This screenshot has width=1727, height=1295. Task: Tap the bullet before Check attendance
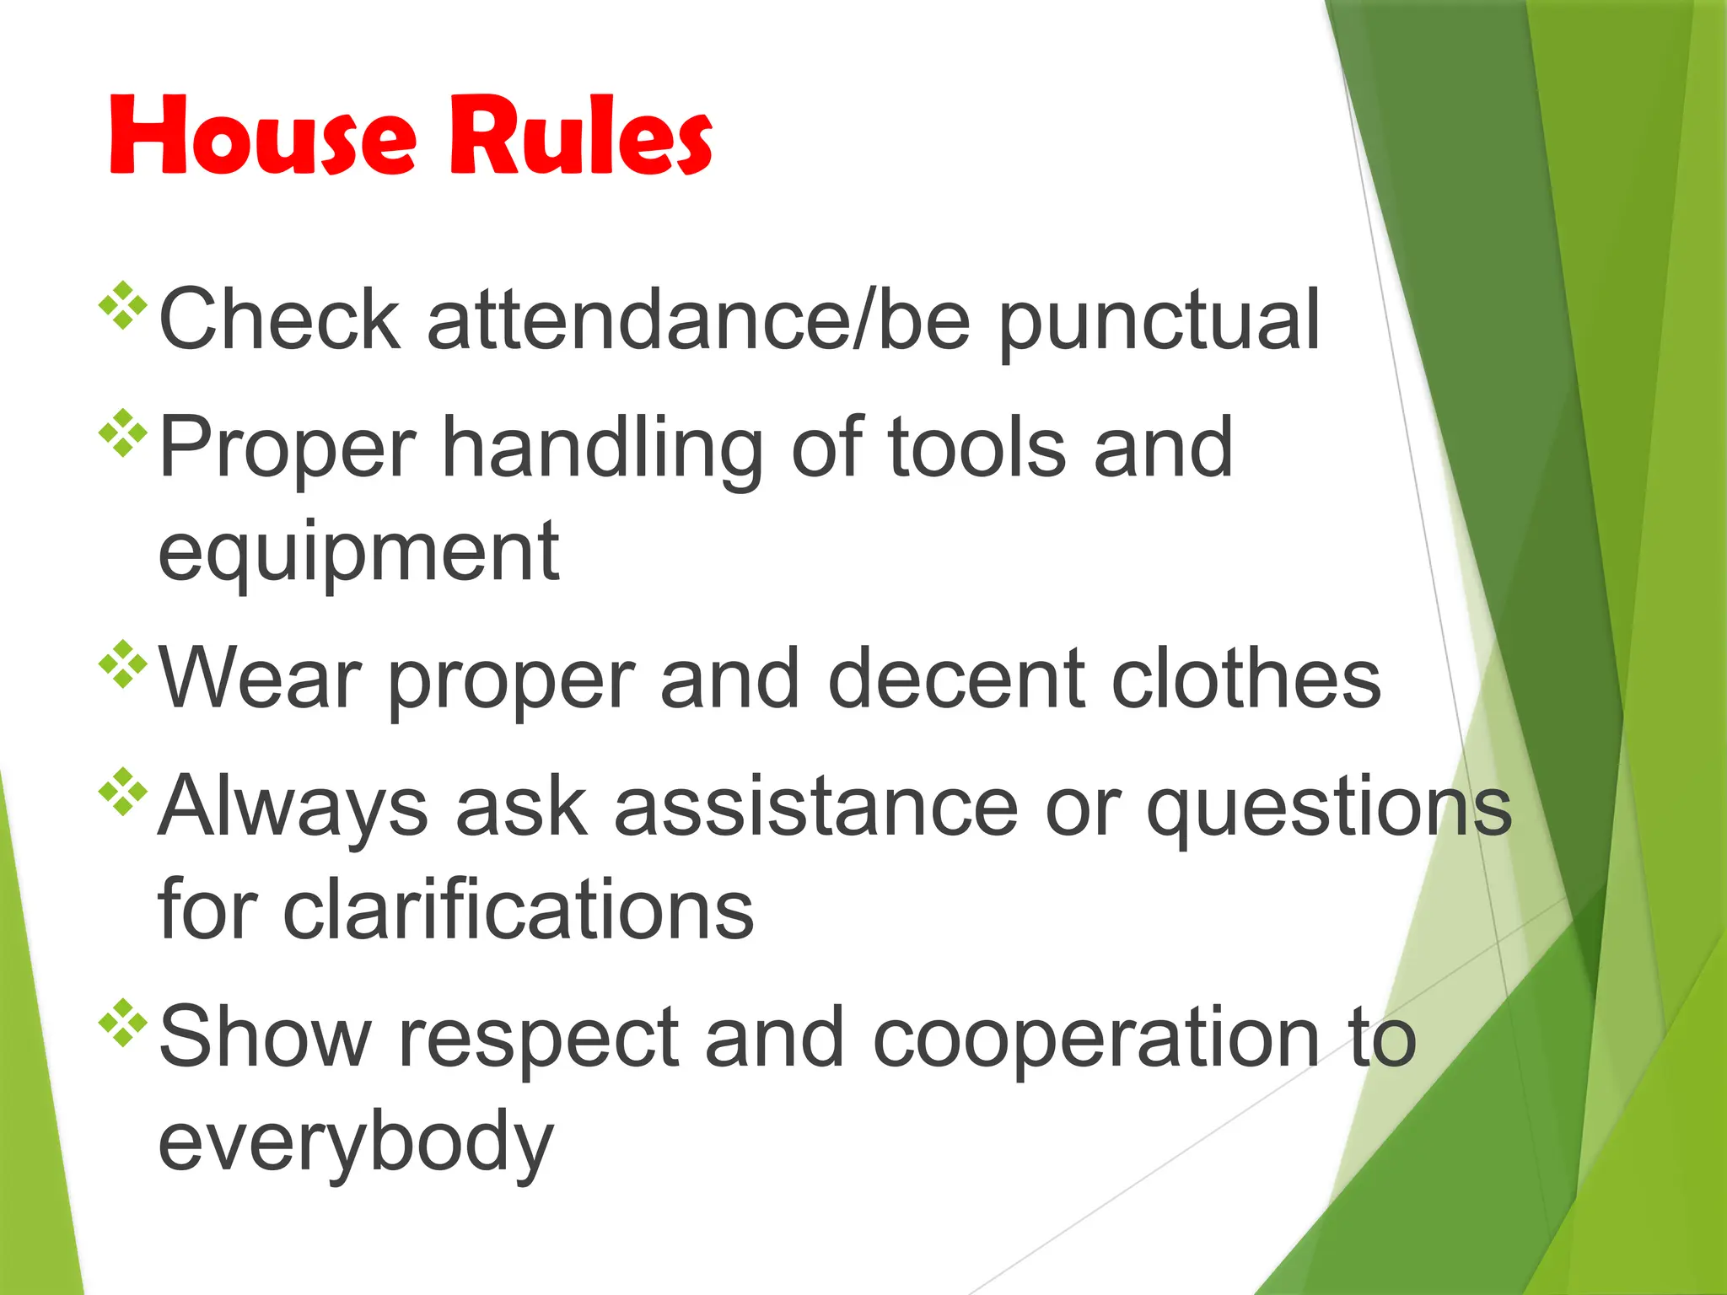click(123, 304)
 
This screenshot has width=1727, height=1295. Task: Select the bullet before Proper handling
click(123, 433)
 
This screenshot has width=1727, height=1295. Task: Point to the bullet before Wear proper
click(123, 664)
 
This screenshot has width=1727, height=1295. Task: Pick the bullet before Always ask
click(123, 792)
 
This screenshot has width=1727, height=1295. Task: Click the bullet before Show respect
click(123, 1023)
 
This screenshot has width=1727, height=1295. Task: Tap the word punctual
click(1159, 321)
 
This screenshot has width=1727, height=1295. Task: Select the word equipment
click(358, 553)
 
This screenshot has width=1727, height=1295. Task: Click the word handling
click(602, 449)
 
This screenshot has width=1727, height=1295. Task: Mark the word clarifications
click(518, 911)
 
